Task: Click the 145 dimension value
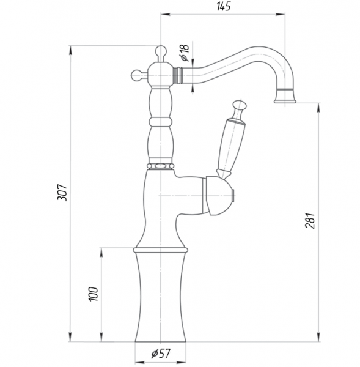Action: pos(224,6)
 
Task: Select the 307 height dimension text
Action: pos(62,193)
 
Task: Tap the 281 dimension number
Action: pos(310,221)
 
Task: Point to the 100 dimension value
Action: pos(93,294)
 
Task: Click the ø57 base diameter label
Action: pos(161,354)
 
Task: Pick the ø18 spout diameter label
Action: pos(185,53)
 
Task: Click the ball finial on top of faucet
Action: pos(161,50)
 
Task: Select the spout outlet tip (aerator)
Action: pos(285,96)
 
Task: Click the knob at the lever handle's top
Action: pos(240,105)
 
